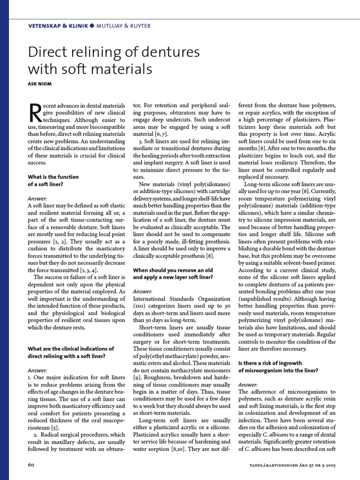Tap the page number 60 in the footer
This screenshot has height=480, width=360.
click(32, 464)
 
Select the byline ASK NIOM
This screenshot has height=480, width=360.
click(40, 83)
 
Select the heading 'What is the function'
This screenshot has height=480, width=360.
click(53, 177)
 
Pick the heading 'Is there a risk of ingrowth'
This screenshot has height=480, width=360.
click(270, 363)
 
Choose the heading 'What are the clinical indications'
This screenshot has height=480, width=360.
click(71, 348)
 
